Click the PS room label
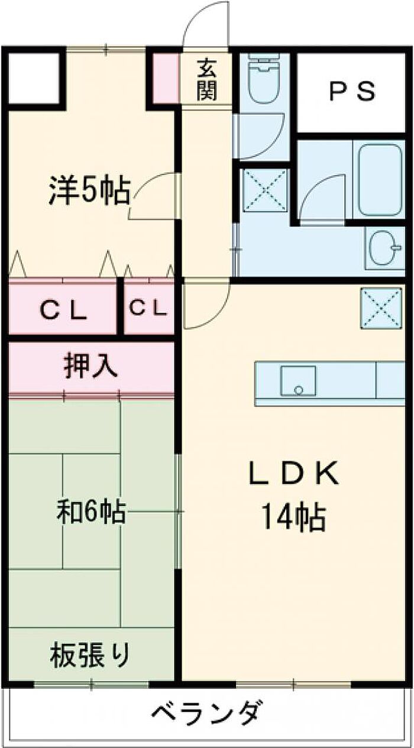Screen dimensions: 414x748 pyautogui.click(x=352, y=92)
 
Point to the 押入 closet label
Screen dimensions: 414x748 pyautogui.click(x=90, y=366)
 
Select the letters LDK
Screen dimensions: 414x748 pyautogui.click(x=293, y=473)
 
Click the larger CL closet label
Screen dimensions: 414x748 pyautogui.click(x=63, y=310)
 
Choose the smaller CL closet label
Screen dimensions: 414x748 pyautogui.click(x=148, y=307)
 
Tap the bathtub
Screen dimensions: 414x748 pyautogui.click(x=380, y=180)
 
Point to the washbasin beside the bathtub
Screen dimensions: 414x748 pyautogui.click(x=384, y=248)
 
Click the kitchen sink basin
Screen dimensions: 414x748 pyautogui.click(x=298, y=381)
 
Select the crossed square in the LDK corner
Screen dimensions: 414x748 pyautogui.click(x=381, y=308)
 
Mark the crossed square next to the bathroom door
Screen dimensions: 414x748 pyautogui.click(x=265, y=190)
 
